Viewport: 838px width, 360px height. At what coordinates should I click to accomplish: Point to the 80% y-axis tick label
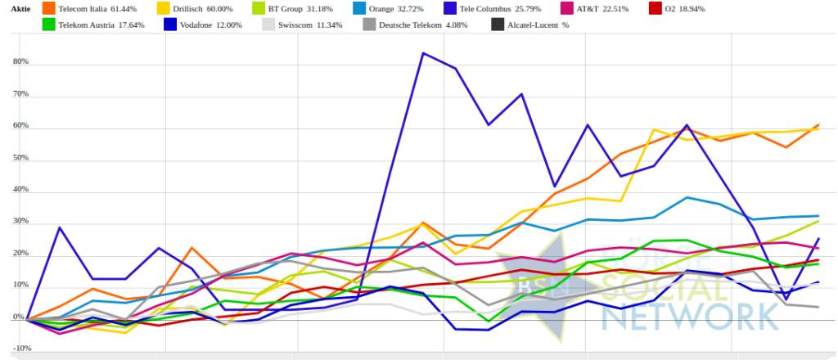pos(20,62)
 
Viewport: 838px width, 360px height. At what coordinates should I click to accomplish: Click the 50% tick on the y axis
pos(20,159)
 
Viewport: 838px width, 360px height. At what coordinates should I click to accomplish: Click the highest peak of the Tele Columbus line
pos(422,53)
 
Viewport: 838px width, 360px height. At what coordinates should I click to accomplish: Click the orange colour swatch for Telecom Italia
pos(48,8)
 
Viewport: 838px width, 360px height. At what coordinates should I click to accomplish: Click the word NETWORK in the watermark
pos(696,315)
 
